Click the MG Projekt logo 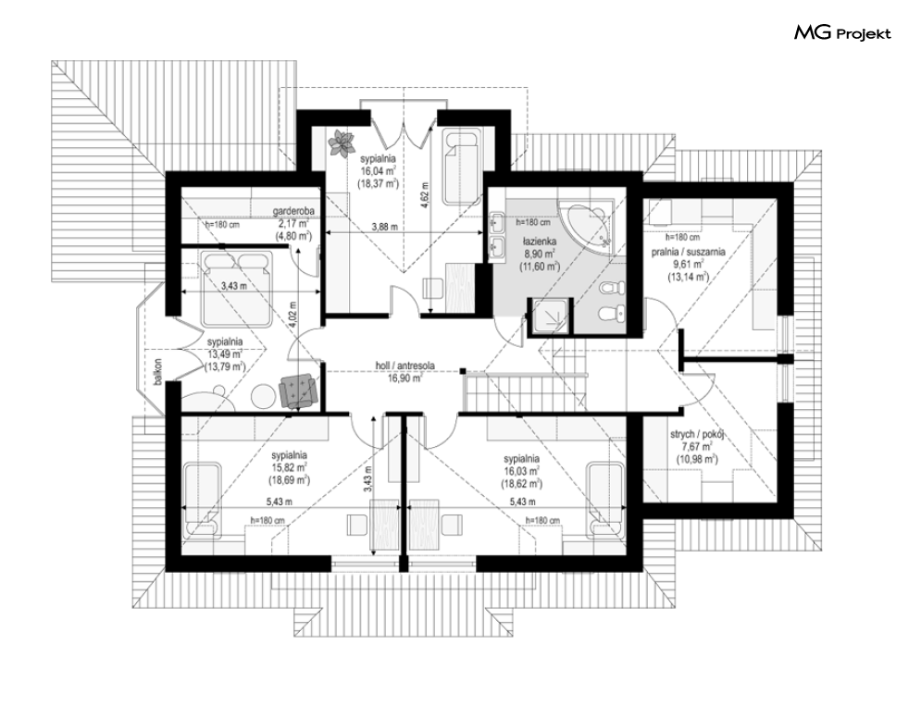842,33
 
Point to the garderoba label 293,211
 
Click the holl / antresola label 405,366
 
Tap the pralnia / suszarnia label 688,252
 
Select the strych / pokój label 697,435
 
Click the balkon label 157,372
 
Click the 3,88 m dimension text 385,227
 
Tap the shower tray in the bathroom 549,317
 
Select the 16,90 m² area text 405,378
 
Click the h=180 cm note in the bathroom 533,223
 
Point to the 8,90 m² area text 540,254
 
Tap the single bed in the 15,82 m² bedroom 204,501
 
